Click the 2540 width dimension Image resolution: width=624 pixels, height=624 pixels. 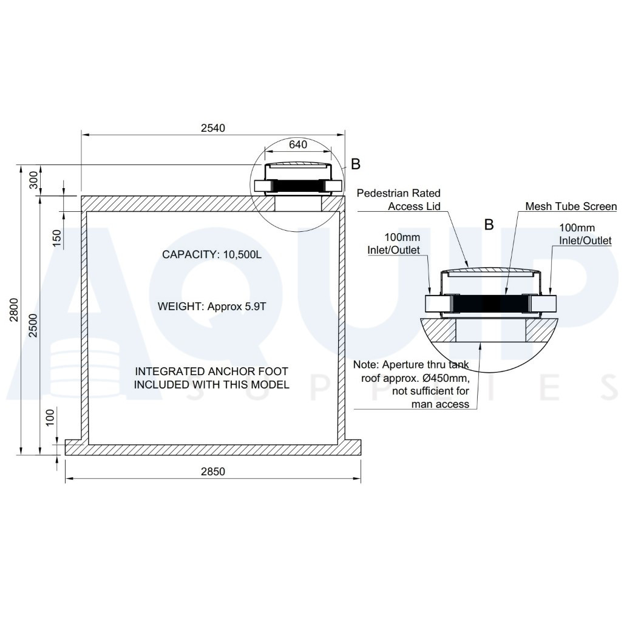213,127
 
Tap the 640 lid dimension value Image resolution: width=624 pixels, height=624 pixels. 298,144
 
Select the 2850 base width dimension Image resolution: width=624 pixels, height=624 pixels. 213,472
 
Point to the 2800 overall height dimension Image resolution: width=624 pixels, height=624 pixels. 15,310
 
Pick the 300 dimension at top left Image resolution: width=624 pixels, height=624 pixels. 34,180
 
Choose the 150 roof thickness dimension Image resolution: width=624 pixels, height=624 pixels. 58,238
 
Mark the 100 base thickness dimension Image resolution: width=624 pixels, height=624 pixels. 50,417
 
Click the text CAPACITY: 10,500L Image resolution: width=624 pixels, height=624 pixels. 212,255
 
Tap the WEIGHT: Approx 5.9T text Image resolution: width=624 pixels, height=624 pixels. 212,307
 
